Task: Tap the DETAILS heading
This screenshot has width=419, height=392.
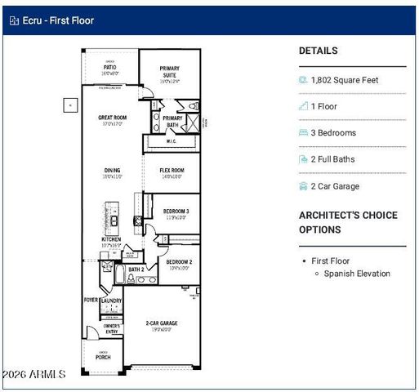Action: (x=318, y=51)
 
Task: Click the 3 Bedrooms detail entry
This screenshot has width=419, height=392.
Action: (x=334, y=133)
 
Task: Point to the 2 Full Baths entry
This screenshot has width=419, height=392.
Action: (x=333, y=159)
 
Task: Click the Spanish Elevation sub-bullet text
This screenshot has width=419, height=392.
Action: (x=357, y=274)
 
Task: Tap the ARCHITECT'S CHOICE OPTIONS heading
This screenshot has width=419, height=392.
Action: (x=348, y=221)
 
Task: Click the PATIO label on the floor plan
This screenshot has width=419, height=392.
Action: (x=110, y=67)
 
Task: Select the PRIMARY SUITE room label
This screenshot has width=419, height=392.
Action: (x=170, y=72)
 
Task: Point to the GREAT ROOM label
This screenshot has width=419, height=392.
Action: (x=112, y=118)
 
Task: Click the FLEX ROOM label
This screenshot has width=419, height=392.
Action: (x=172, y=171)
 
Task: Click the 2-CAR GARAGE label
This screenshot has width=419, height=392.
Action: (x=161, y=323)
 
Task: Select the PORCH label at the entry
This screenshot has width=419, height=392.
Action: (x=103, y=357)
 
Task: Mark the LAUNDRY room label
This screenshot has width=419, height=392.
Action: (x=111, y=301)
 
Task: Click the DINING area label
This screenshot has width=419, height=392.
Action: (x=112, y=171)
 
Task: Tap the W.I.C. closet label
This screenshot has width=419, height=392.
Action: (x=172, y=141)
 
